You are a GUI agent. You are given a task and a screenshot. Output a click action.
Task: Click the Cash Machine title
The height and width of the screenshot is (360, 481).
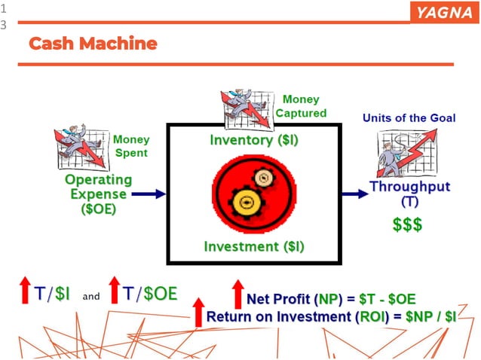[93, 43]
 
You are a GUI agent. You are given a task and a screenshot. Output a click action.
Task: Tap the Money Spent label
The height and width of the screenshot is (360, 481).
[131, 145]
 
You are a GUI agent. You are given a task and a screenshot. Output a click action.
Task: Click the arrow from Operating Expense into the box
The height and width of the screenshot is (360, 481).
[153, 194]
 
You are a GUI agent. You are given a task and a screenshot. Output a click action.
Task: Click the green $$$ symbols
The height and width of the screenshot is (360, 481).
[407, 224]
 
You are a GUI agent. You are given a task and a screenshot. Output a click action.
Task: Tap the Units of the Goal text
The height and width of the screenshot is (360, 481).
[409, 118]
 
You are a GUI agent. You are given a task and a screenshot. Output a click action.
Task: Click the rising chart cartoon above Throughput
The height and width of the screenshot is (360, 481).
[406, 152]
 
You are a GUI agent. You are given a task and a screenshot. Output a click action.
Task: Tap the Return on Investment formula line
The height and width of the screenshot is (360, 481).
[331, 316]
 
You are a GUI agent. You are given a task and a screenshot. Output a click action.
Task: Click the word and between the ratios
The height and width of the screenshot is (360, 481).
[91, 297]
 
